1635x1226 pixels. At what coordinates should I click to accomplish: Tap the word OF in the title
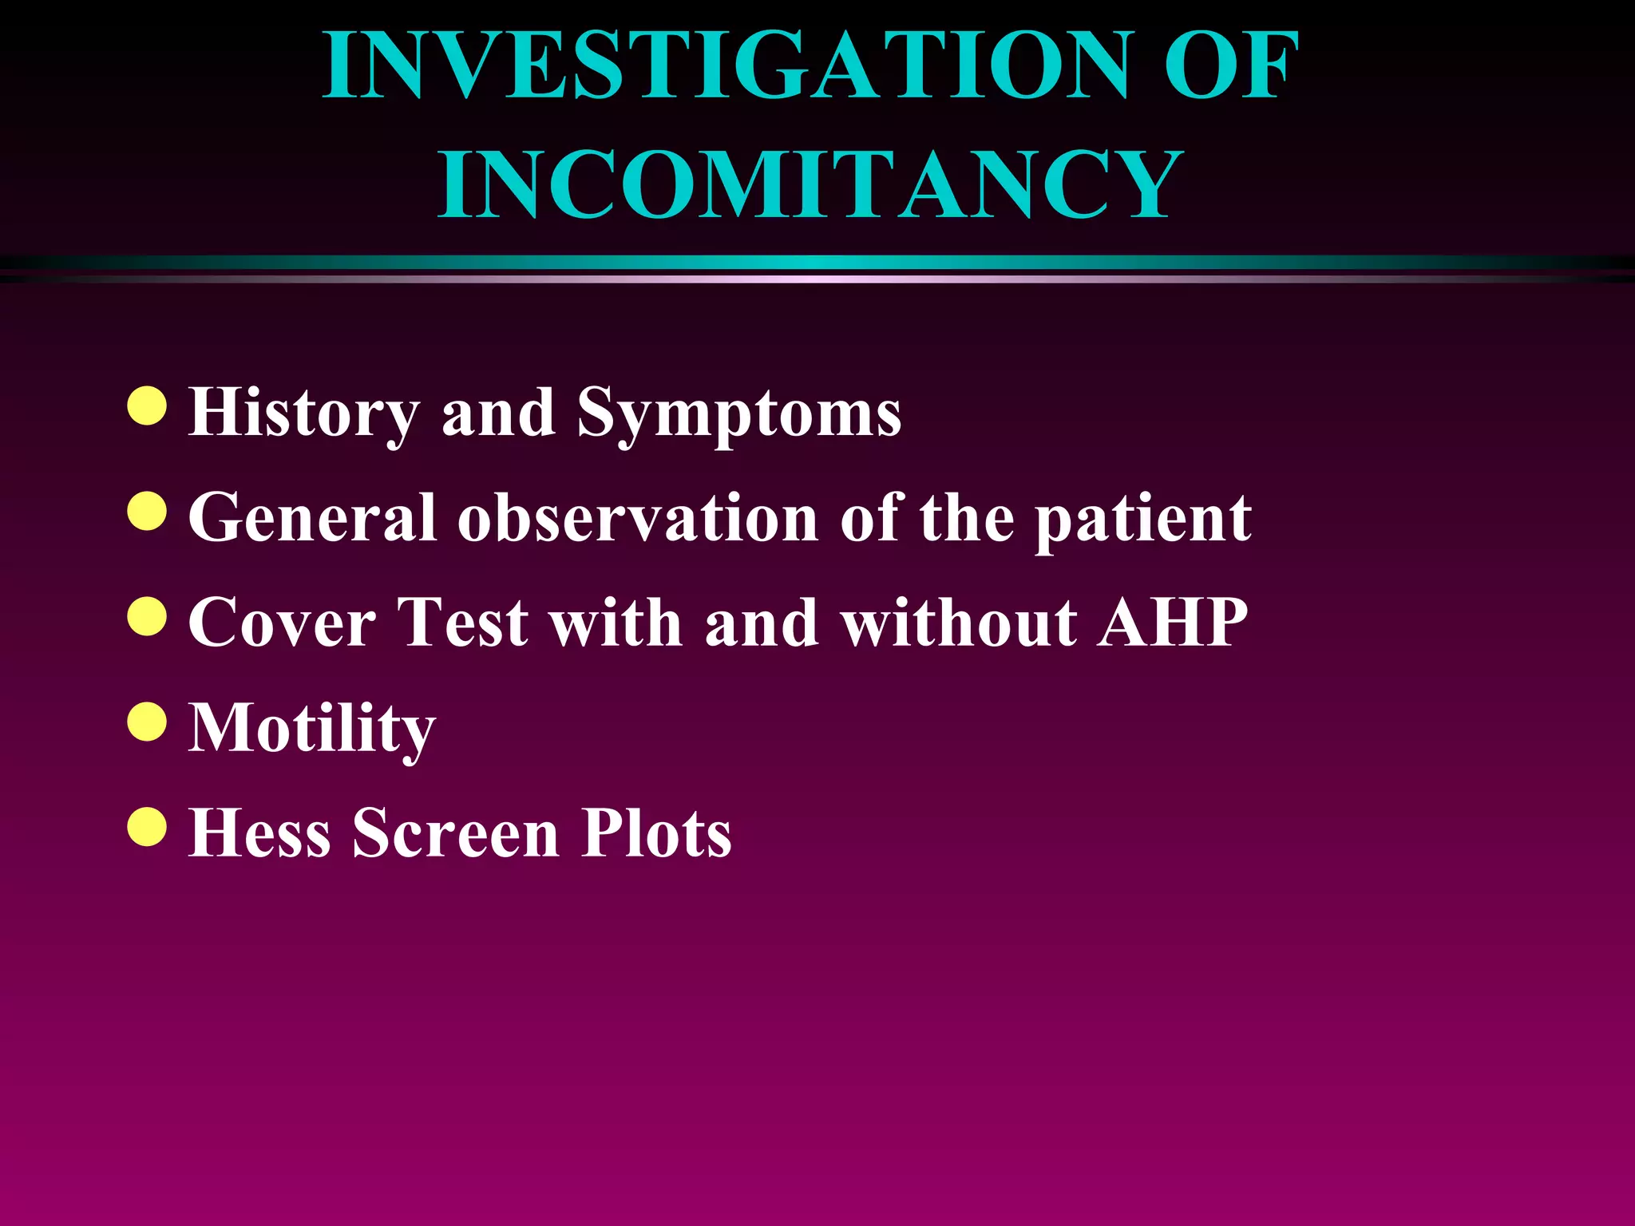(x=1231, y=65)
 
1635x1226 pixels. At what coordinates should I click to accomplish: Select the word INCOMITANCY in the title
(x=810, y=185)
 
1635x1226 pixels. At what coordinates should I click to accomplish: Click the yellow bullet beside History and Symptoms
(x=147, y=406)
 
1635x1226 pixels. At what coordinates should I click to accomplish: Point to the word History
(x=303, y=413)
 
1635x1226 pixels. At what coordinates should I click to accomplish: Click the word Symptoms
(x=739, y=413)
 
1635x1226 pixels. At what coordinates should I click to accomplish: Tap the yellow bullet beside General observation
(x=147, y=511)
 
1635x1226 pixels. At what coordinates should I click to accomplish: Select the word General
(x=312, y=518)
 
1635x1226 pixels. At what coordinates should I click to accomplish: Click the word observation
(x=638, y=518)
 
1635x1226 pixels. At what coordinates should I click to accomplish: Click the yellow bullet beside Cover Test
(x=147, y=616)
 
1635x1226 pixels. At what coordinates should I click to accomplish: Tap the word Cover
(x=282, y=623)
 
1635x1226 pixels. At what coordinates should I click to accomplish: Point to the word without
(x=958, y=623)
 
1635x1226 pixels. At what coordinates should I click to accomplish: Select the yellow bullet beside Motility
(x=147, y=722)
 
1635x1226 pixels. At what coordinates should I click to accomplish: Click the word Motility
(x=312, y=729)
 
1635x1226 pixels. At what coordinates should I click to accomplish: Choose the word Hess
(x=259, y=833)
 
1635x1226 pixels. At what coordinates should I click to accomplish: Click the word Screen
(x=456, y=833)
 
